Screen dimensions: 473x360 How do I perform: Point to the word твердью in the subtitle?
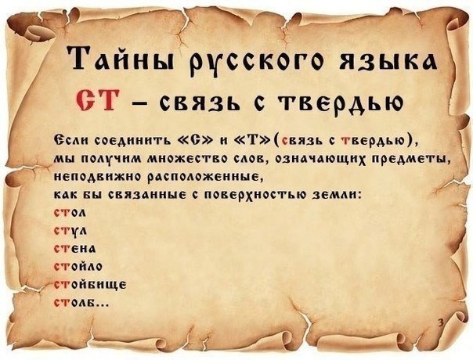pyautogui.click(x=341, y=103)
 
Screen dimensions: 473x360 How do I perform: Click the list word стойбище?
pyautogui.click(x=90, y=285)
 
